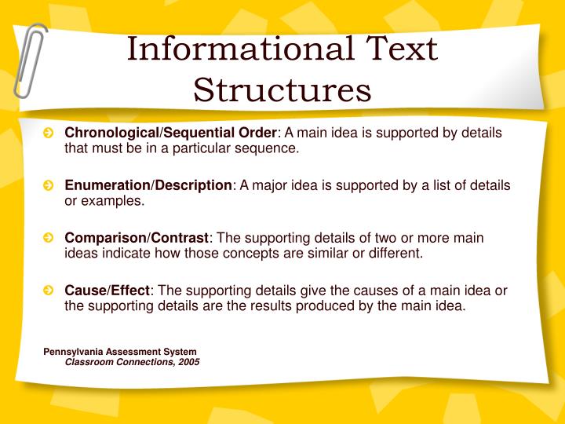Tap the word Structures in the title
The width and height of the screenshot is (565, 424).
[x=282, y=89]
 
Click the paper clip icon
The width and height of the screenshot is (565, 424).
[x=29, y=59]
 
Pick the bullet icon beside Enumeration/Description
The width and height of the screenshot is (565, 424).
[x=49, y=186]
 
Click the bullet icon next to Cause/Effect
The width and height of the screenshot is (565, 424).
[x=49, y=291]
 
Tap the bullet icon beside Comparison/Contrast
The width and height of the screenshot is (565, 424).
[x=49, y=239]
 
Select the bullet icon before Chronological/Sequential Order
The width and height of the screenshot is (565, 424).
[x=49, y=133]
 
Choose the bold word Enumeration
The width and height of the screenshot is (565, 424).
[x=107, y=185]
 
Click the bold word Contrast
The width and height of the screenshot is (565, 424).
[x=180, y=238]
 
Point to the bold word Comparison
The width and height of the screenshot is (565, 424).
[x=104, y=238]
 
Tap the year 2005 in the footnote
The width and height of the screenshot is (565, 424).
[x=188, y=362]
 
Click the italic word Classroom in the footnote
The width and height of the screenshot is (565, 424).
[x=89, y=362]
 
